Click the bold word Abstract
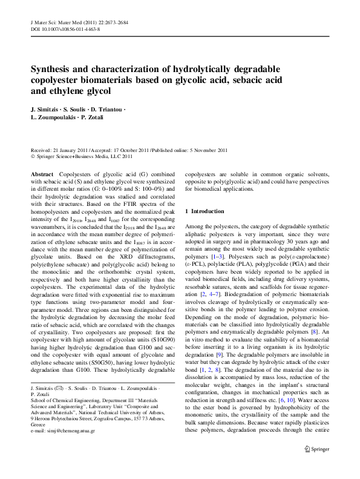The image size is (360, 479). pos(42,173)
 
